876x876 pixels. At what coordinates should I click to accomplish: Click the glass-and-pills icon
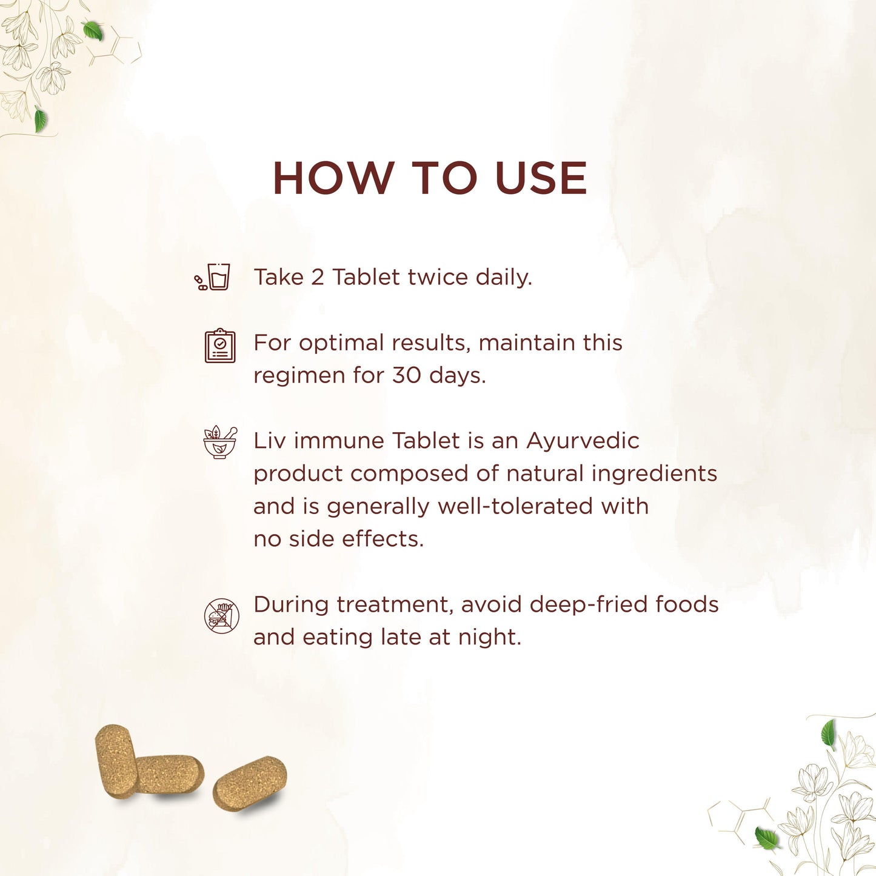(x=212, y=276)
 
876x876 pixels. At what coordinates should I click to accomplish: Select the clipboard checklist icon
(x=220, y=346)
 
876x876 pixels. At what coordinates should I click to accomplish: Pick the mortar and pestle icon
(x=220, y=443)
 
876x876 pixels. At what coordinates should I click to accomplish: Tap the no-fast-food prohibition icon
(x=221, y=616)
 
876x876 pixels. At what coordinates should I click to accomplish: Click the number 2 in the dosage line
(x=318, y=277)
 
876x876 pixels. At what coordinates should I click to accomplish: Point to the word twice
(x=437, y=277)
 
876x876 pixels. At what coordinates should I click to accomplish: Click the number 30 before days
(x=407, y=375)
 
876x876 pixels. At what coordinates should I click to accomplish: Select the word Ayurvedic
(x=583, y=441)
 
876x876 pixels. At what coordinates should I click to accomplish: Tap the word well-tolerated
(x=515, y=506)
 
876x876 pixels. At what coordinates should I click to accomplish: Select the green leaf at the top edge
(x=93, y=30)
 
